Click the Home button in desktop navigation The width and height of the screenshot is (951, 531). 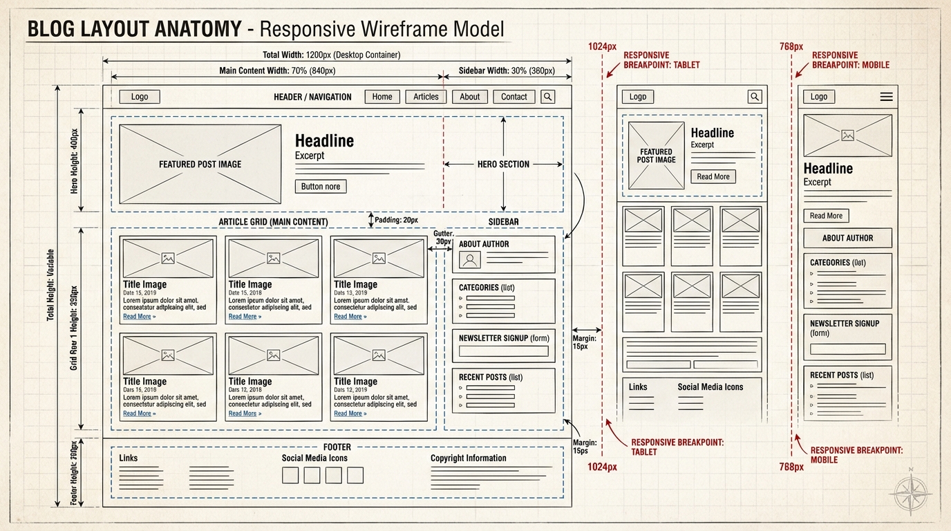click(x=382, y=97)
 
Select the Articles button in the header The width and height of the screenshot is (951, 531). click(x=426, y=97)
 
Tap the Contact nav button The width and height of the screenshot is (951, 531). click(x=514, y=97)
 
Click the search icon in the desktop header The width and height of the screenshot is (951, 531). click(x=548, y=97)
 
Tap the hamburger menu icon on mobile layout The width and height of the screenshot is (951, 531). click(x=886, y=97)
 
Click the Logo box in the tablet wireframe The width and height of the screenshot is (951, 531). click(x=637, y=97)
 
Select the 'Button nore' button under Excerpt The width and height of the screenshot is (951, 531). click(x=321, y=186)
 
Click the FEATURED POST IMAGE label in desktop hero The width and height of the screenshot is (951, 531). click(x=200, y=164)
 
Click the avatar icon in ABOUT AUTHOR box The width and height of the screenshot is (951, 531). click(x=470, y=260)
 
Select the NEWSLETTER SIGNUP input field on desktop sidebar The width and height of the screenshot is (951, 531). click(x=503, y=351)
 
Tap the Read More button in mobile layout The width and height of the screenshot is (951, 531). click(x=826, y=216)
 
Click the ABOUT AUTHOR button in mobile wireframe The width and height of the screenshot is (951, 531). click(x=847, y=238)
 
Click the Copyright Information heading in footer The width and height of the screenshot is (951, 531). click(x=468, y=458)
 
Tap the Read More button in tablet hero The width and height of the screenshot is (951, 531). click(x=713, y=176)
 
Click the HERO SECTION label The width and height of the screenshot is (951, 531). click(x=503, y=164)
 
